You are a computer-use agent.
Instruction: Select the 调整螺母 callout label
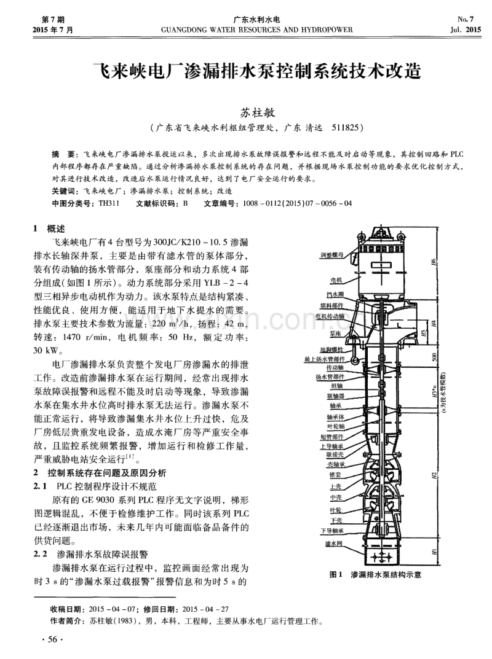click(331, 254)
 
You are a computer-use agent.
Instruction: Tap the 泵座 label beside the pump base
click(335, 333)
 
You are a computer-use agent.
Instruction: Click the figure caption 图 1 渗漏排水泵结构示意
click(375, 575)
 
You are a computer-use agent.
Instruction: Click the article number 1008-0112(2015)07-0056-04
click(298, 203)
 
